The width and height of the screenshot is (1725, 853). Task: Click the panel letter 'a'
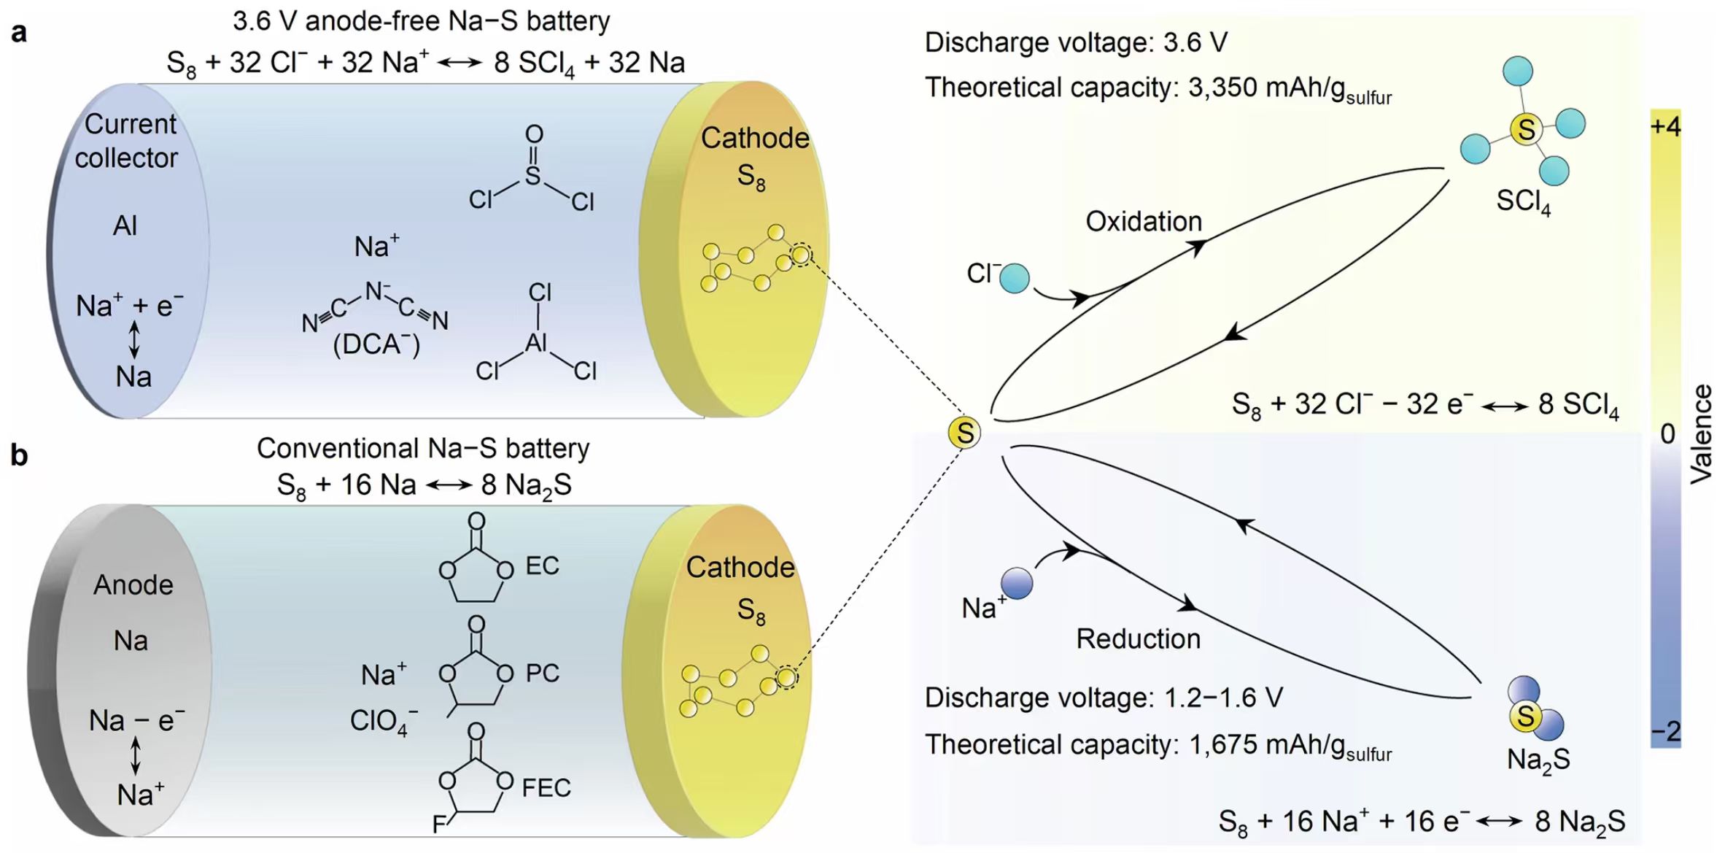coord(19,33)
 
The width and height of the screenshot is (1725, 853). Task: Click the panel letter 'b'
coord(19,455)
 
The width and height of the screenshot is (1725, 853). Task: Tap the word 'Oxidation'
coord(1143,221)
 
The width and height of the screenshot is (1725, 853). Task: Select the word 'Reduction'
coord(1138,638)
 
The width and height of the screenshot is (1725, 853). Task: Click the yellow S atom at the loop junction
coord(964,433)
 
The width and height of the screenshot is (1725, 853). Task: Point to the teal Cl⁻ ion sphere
coord(1014,279)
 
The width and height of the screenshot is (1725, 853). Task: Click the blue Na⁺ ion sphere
coord(1017,584)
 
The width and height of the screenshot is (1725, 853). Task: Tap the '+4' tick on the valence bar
coord(1665,127)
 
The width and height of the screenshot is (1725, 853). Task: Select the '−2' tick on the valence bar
coord(1665,731)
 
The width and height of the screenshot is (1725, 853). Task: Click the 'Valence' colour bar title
coord(1701,433)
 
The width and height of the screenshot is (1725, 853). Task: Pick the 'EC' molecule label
coord(542,566)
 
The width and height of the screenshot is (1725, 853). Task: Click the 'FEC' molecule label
coord(546,788)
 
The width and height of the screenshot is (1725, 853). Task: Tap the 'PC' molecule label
coord(543,673)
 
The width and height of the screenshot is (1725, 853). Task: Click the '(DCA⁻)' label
coord(376,344)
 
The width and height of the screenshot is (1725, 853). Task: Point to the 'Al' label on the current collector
coord(125,225)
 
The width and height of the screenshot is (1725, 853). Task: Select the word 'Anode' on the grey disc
coord(133,584)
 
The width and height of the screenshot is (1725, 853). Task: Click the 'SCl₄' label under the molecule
coord(1523,201)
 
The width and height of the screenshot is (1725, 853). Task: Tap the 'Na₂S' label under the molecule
coord(1538,760)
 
